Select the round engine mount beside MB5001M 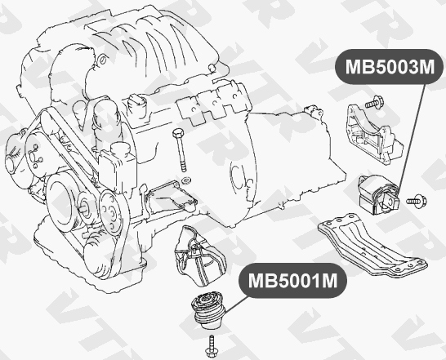pyautogui.click(x=210, y=308)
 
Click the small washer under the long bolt pyautogui.click(x=184, y=178)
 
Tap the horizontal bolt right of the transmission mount pyautogui.click(x=413, y=198)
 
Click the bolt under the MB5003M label pyautogui.click(x=374, y=104)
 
